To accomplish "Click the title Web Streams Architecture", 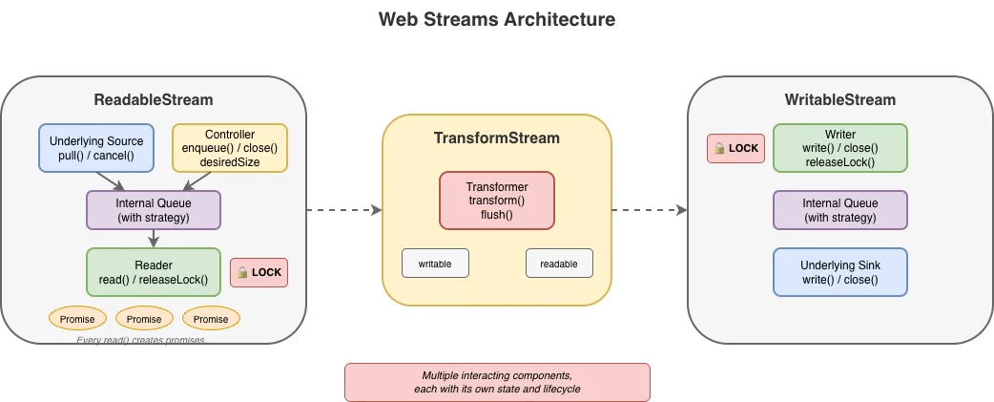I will [x=497, y=19].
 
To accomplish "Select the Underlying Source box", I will [x=96, y=148].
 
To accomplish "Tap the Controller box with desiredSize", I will [x=229, y=148].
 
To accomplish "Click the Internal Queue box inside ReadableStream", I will [x=154, y=210].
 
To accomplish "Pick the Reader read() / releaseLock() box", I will [x=154, y=272].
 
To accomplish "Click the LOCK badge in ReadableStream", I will [x=259, y=272].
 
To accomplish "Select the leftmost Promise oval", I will [x=77, y=319].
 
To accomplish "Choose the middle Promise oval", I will [x=144, y=319].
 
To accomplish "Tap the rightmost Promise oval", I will [x=211, y=319].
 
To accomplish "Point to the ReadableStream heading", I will [x=154, y=100].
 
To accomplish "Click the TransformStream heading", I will [x=497, y=138].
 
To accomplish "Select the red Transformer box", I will [x=497, y=201].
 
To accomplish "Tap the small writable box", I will [x=435, y=263].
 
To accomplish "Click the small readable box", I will [x=559, y=263].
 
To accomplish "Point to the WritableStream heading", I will [x=840, y=100].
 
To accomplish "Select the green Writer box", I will [x=840, y=148].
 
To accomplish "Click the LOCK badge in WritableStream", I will [x=735, y=148].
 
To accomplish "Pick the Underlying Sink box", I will [x=840, y=272].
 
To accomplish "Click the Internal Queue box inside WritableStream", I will [x=840, y=210].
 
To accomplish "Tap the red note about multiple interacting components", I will [x=497, y=382].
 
